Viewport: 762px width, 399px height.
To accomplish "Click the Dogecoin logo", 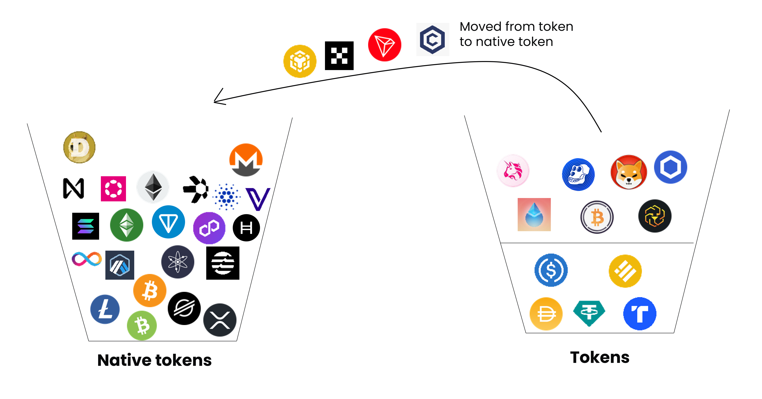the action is (79, 147).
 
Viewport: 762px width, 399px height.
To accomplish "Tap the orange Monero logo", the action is (246, 160).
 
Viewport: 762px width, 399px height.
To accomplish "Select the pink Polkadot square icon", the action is (113, 189).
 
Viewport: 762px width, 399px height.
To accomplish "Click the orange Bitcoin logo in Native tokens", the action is (150, 290).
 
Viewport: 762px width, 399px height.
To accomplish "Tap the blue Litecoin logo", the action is (105, 309).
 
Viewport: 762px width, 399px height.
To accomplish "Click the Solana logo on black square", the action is (86, 226).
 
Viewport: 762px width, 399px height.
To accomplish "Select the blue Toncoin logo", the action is (168, 222).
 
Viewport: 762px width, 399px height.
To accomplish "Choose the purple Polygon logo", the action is (209, 228).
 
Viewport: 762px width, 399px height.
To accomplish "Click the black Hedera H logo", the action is (246, 228).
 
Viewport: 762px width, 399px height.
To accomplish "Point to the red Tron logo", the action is (385, 45).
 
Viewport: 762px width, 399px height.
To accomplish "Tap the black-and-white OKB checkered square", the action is (339, 56).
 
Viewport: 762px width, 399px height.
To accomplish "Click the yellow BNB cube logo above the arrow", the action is (300, 61).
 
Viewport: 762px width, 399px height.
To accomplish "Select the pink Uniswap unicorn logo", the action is (513, 171).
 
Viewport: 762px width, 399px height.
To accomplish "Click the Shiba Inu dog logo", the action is (629, 172).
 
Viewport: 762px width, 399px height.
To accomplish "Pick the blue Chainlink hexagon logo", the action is (671, 167).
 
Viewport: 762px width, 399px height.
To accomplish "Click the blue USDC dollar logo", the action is (551, 270).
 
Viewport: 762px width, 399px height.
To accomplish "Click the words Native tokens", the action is (154, 360).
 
